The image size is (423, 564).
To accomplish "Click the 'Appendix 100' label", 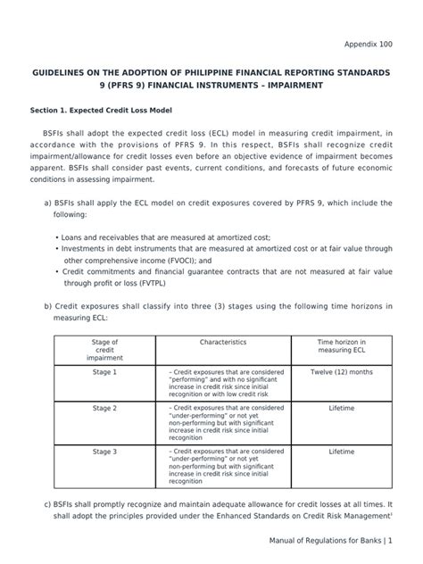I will point(368,42).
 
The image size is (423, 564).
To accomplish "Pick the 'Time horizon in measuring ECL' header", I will point(341,346).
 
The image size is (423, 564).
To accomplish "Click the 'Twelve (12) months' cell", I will point(341,370).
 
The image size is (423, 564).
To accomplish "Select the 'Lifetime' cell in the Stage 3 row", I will point(341,452).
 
